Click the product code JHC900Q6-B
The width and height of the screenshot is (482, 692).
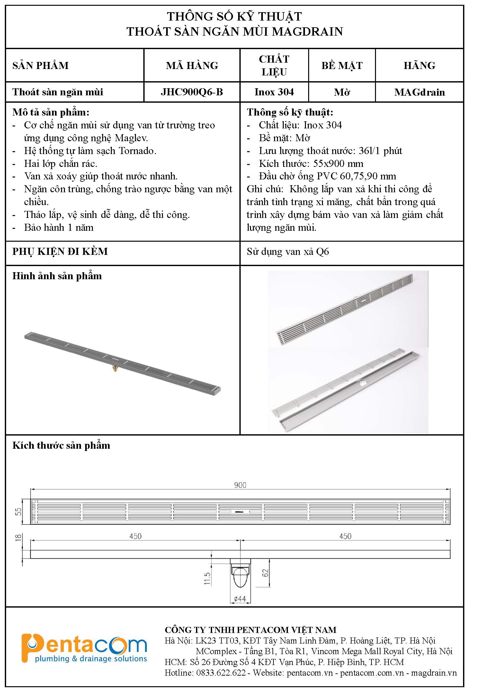(192, 92)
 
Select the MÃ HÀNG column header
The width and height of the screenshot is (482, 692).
(192, 65)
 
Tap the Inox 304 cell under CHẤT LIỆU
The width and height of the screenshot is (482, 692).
(274, 92)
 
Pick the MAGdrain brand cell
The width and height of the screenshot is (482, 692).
(419, 92)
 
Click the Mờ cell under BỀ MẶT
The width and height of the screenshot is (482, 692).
(342, 92)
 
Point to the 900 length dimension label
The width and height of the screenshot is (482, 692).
(240, 485)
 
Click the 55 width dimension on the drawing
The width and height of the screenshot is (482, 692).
(18, 511)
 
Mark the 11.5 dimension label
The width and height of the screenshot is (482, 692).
(207, 579)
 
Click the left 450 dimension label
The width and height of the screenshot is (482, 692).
(135, 536)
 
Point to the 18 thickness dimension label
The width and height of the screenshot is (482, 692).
(18, 537)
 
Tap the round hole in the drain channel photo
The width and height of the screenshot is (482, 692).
(363, 383)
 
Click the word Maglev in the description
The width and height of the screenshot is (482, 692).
(131, 138)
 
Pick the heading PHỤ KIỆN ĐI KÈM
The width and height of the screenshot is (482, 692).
(60, 251)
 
